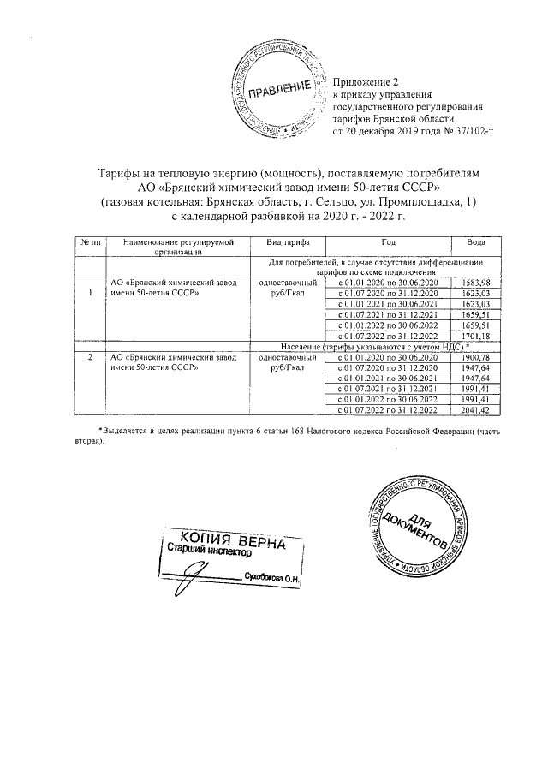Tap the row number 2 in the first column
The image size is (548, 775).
click(x=91, y=357)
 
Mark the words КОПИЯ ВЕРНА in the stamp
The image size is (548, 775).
click(x=231, y=542)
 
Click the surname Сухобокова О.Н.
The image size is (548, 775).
click(x=276, y=578)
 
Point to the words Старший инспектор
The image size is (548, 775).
click(x=205, y=554)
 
